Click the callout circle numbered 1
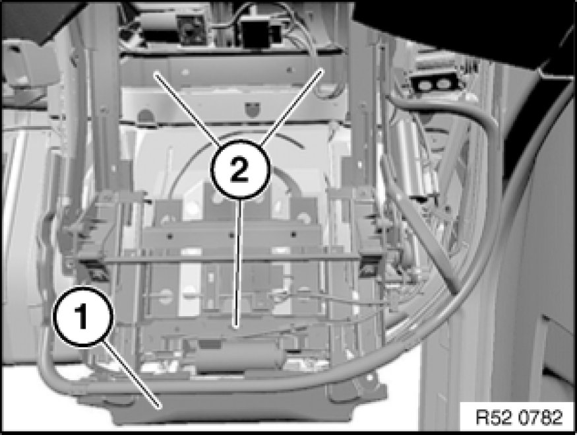coord(82,317)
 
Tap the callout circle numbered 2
coord(240,170)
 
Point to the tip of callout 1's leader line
coord(160,407)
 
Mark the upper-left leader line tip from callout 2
coord(154,73)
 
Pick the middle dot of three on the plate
coord(231,235)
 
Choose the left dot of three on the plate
coord(169,236)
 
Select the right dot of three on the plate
coord(293,234)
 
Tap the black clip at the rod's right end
coord(371,265)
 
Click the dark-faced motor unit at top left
coord(191,30)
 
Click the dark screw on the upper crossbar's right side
coord(289,69)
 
